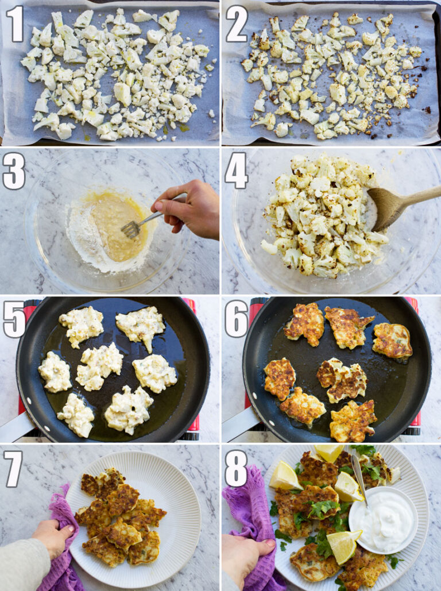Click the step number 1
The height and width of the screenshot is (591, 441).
(x=14, y=24)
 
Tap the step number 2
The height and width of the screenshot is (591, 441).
(x=236, y=24)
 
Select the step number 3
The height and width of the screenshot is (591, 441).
(x=14, y=171)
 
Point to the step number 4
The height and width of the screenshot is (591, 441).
(x=236, y=171)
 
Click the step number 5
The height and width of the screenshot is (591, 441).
(x=14, y=319)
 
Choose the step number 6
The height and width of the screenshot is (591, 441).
(x=236, y=319)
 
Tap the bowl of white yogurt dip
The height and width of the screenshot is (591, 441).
(x=382, y=520)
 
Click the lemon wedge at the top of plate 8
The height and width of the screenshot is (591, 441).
(x=328, y=453)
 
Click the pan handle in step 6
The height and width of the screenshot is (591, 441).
(x=235, y=425)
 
